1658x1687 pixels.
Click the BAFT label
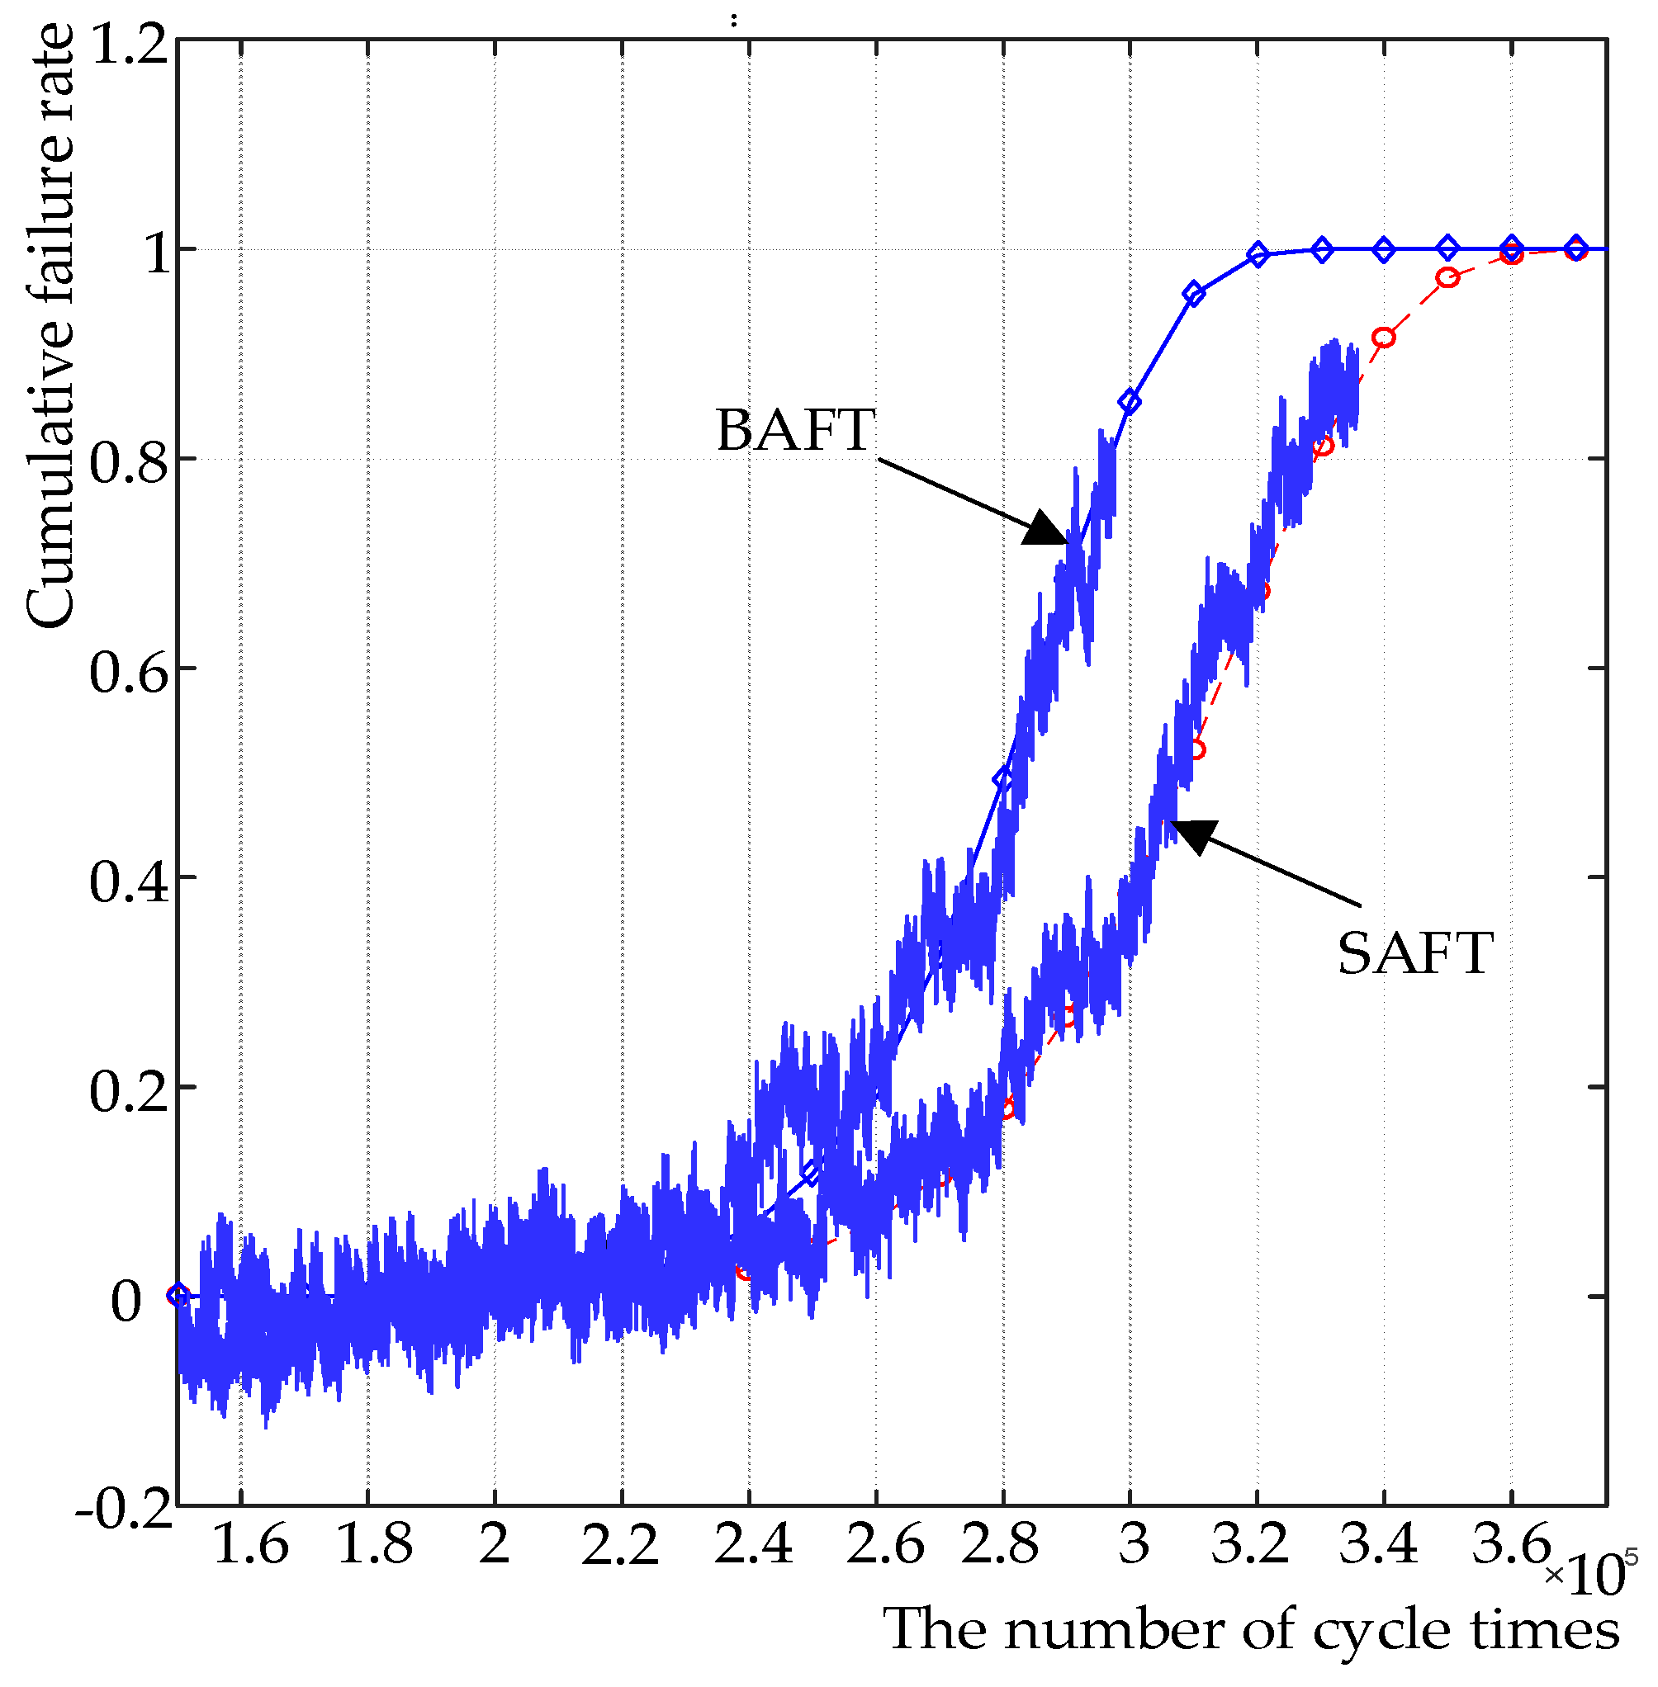(x=794, y=430)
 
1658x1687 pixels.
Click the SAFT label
(x=1414, y=954)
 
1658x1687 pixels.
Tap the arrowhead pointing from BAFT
(x=1046, y=528)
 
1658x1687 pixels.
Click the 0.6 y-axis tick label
(x=129, y=671)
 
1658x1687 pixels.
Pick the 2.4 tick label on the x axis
(x=752, y=1545)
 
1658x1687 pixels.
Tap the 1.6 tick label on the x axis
(x=250, y=1545)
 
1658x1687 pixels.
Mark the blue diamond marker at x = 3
(x=1130, y=402)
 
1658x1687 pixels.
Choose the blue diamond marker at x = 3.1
(x=1194, y=294)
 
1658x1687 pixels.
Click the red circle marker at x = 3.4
(x=1384, y=337)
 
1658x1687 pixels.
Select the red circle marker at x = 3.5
(x=1447, y=277)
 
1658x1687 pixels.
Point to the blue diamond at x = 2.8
(x=1003, y=779)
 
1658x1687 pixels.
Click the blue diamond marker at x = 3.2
(x=1258, y=255)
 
